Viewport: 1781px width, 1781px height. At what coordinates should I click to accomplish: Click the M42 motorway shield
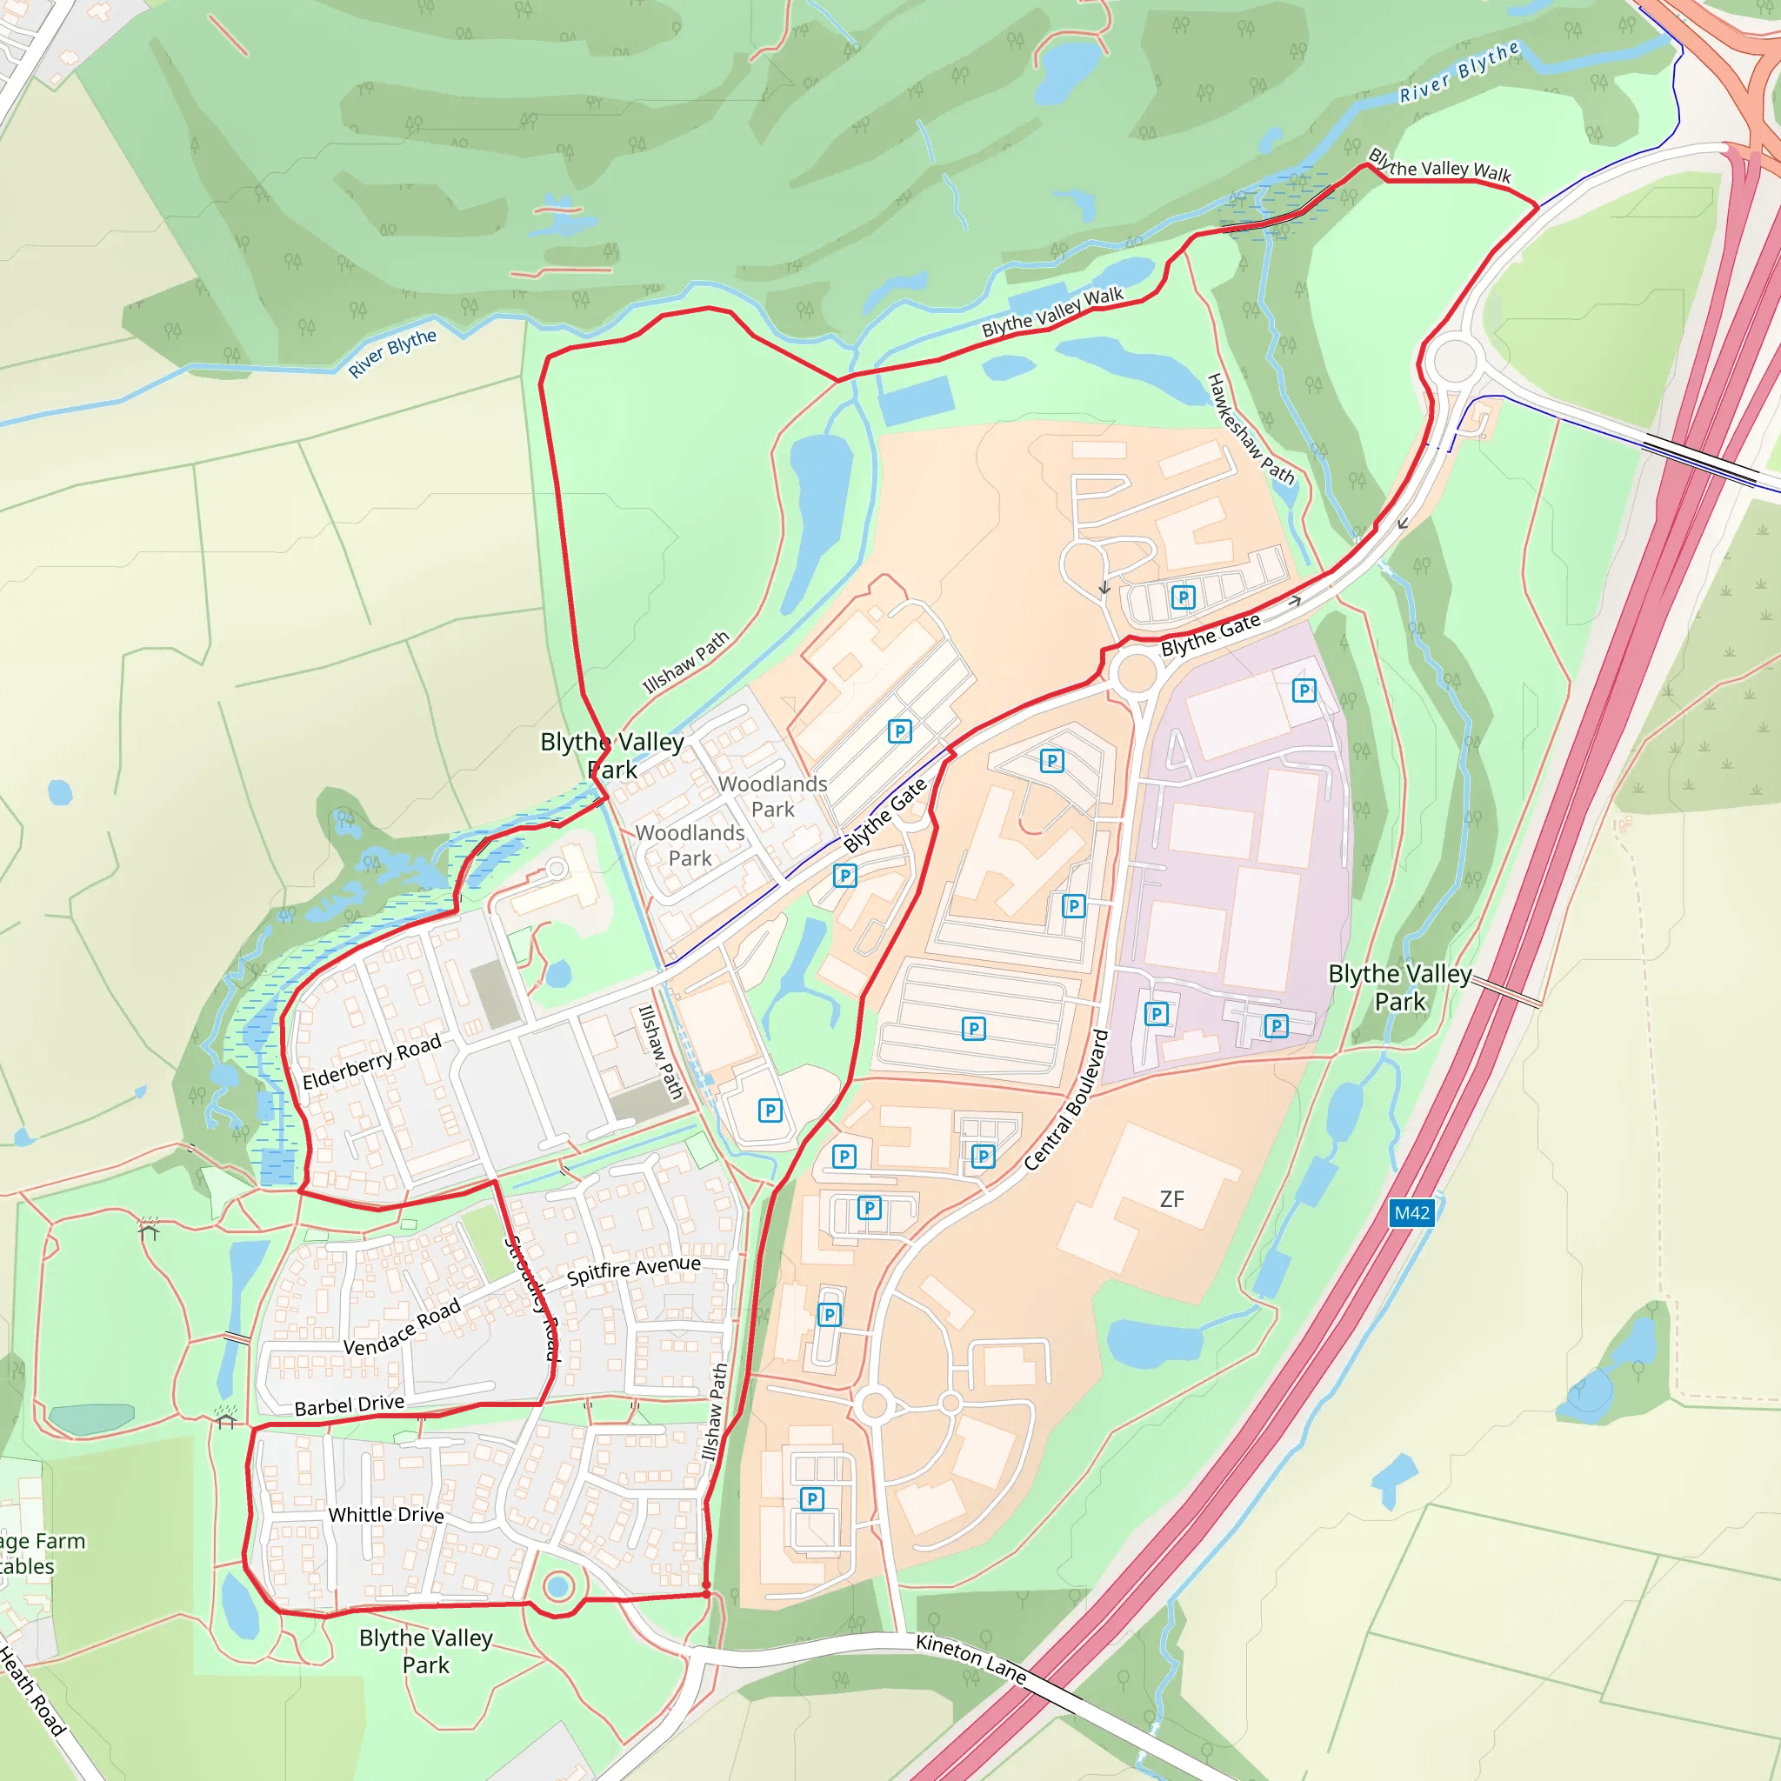click(x=1411, y=1212)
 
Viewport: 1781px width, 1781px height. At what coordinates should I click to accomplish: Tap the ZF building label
click(x=1171, y=1198)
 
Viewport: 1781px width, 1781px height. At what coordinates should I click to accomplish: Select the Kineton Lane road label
click(x=971, y=1658)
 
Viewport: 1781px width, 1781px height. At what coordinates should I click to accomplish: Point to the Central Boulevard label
click(x=1065, y=1100)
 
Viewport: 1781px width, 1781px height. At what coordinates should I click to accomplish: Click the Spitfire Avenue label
click(x=633, y=1271)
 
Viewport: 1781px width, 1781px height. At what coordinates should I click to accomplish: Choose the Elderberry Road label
click(x=371, y=1061)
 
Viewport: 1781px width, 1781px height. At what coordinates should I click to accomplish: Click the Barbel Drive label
click(x=350, y=1405)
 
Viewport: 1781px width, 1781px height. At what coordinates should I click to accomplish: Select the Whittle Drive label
click(x=385, y=1515)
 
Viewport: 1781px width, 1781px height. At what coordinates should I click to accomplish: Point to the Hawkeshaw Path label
click(x=1251, y=429)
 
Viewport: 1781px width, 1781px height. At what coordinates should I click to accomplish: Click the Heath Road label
click(x=31, y=1691)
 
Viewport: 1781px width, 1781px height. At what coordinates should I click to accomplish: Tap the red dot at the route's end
click(x=706, y=1594)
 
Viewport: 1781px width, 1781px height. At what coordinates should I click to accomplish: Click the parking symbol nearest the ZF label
click(x=984, y=1156)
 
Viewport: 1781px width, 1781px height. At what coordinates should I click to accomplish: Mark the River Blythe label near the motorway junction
click(x=1458, y=72)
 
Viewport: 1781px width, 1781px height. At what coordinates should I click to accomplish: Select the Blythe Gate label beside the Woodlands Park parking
click(x=884, y=816)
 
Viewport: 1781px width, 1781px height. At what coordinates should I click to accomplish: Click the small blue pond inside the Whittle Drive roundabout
click(x=557, y=1586)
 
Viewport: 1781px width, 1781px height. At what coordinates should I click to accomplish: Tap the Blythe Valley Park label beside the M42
click(x=1399, y=987)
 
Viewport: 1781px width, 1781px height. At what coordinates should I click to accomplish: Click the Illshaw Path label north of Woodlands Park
click(x=685, y=661)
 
